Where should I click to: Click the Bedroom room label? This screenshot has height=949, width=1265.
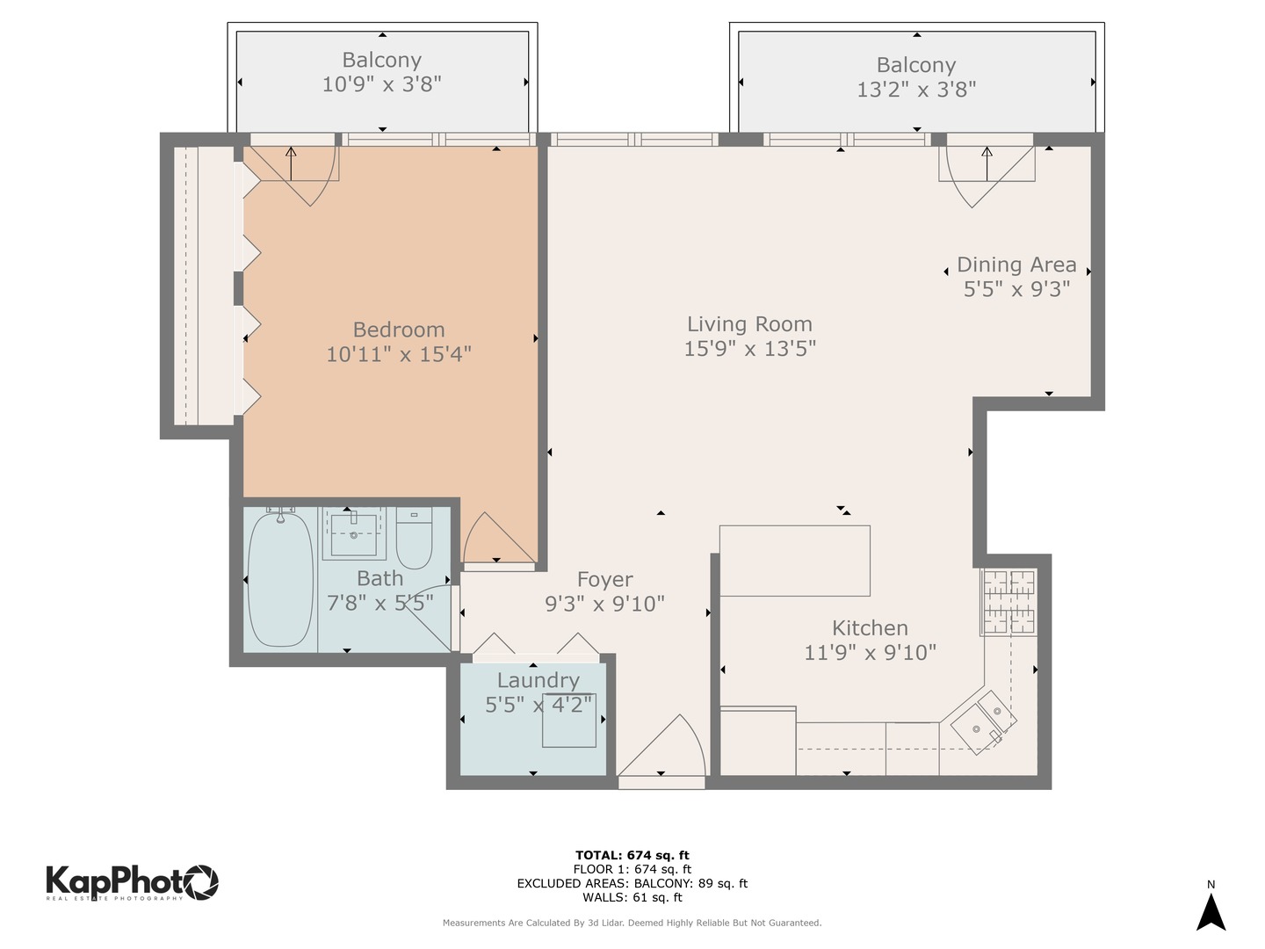point(399,330)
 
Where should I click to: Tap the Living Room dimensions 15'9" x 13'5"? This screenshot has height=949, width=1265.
point(749,349)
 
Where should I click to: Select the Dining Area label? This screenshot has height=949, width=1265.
point(1016,264)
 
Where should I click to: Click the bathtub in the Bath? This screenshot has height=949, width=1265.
point(280,579)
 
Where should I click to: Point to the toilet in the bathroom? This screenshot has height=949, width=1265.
point(414,538)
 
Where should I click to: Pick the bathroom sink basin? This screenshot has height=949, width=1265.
point(354,532)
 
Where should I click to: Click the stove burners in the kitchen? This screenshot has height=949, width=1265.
point(1009,602)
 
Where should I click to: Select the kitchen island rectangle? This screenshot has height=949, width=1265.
point(795,561)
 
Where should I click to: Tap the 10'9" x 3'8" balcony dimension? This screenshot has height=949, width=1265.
point(381,84)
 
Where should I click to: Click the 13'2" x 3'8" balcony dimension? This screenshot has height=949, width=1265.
point(916,89)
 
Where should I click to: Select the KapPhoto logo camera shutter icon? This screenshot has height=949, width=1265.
point(200,881)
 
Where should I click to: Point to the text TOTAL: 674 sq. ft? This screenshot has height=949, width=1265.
point(632,855)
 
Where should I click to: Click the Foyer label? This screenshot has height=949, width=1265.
point(604,580)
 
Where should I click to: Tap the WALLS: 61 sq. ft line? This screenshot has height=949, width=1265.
point(632,897)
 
